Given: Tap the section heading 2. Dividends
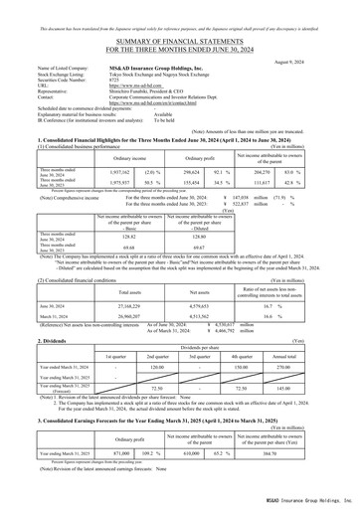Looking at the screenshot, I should click(27, 338).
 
